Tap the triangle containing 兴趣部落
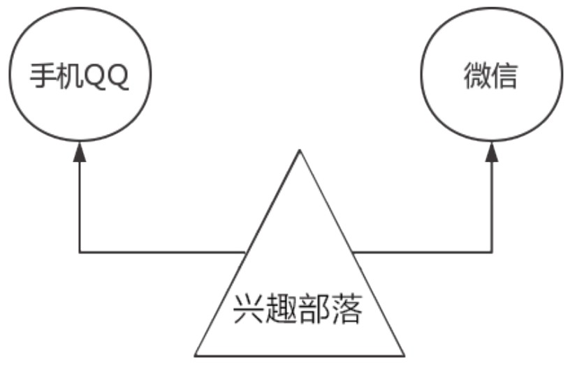pos(299,279)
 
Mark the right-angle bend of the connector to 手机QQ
pos(80,251)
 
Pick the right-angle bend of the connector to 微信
pos(492,251)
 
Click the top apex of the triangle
pos(300,151)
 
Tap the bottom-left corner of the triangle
pos(195,355)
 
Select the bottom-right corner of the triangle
pos(404,355)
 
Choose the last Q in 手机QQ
pos(117,76)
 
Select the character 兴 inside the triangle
pos(247,310)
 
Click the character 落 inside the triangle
pos(346,310)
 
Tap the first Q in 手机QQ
pos(92,76)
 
